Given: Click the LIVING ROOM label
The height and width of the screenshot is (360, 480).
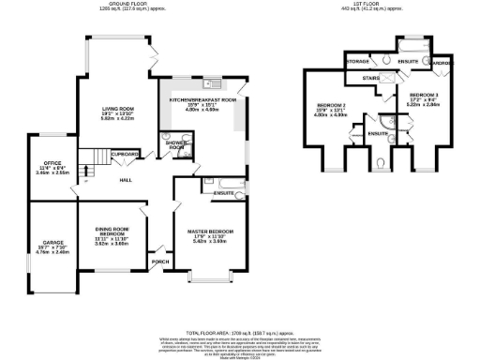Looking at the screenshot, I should tap(117, 109).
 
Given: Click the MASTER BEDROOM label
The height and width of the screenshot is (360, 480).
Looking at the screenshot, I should tap(210, 232).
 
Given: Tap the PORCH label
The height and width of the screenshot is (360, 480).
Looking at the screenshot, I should tap(159, 262).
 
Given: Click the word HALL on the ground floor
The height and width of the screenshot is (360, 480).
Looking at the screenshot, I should tap(125, 180).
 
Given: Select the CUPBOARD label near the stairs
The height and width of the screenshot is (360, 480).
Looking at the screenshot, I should tap(125, 153).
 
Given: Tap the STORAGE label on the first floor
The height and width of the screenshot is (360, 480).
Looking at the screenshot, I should tap(357, 63).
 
